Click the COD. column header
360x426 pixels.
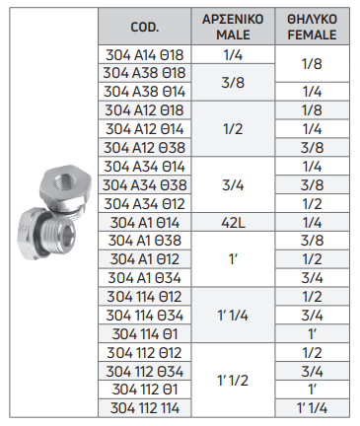pos(145,27)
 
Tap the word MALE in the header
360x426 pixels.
pos(233,35)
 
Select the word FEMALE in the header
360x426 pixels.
pos(312,35)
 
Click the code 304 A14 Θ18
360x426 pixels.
pos(145,55)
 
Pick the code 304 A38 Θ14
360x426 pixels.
pos(145,92)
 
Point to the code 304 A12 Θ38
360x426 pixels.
pos(145,148)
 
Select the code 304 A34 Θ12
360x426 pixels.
pos(145,204)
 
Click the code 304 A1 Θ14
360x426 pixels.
pos(145,223)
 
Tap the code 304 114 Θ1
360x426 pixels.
pos(145,334)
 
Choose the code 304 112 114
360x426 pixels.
pos(145,408)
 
